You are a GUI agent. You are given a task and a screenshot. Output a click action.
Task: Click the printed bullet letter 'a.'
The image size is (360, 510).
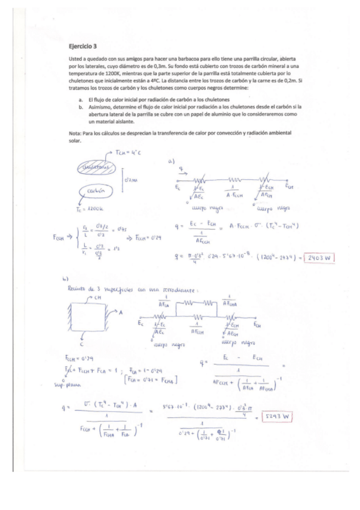click(81, 99)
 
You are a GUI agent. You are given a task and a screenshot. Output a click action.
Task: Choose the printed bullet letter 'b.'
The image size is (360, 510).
click(81, 106)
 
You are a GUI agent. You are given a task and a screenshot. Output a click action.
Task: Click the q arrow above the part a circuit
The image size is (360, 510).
click(183, 171)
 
